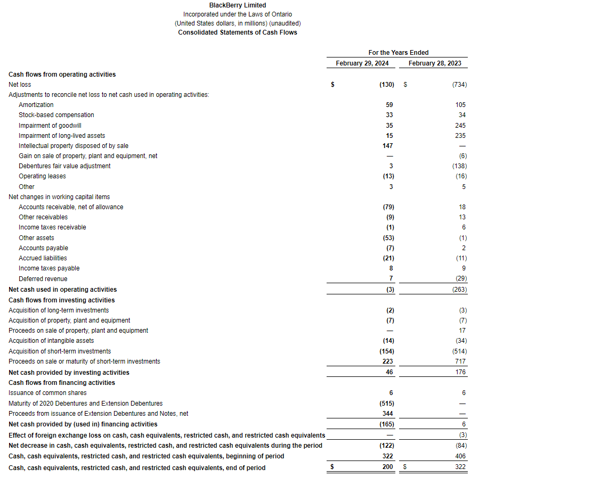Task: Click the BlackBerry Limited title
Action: click(x=237, y=5)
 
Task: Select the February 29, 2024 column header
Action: click(x=362, y=63)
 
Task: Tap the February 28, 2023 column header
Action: click(x=435, y=63)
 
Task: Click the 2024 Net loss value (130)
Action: click(x=386, y=85)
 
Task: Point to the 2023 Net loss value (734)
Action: click(x=459, y=85)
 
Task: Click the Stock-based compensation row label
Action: click(x=56, y=115)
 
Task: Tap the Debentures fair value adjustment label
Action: click(x=64, y=166)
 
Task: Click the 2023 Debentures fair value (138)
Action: click(x=459, y=166)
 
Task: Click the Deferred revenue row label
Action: click(x=43, y=279)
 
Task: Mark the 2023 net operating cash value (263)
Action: click(x=459, y=290)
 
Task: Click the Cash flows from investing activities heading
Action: click(x=62, y=300)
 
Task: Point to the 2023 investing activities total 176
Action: click(x=460, y=373)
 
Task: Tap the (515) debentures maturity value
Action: click(x=386, y=404)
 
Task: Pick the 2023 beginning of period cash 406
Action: click(x=460, y=456)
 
